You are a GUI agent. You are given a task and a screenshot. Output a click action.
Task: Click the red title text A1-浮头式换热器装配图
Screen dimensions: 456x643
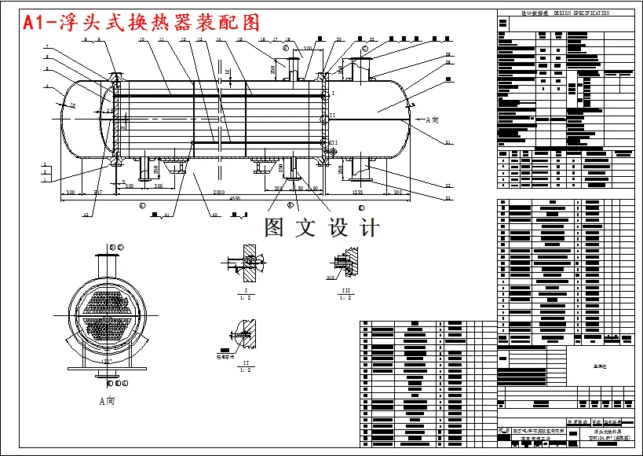(x=141, y=23)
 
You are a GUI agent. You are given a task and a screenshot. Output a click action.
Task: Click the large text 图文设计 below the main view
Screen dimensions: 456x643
(x=323, y=228)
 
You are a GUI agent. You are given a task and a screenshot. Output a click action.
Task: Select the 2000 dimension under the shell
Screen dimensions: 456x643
(x=217, y=192)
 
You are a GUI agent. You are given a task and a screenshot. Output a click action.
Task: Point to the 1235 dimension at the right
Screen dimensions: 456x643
(x=357, y=192)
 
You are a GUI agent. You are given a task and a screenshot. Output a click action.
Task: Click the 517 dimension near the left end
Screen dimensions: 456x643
(x=99, y=192)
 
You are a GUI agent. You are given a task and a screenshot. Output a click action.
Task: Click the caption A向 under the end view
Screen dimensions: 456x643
(x=107, y=399)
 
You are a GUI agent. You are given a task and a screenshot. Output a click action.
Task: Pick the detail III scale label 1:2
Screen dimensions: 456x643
(x=344, y=297)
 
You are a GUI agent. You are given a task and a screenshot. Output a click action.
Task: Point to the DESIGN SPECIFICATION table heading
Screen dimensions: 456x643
(x=565, y=13)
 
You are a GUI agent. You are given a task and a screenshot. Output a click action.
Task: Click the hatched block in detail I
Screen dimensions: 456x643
(x=250, y=263)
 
